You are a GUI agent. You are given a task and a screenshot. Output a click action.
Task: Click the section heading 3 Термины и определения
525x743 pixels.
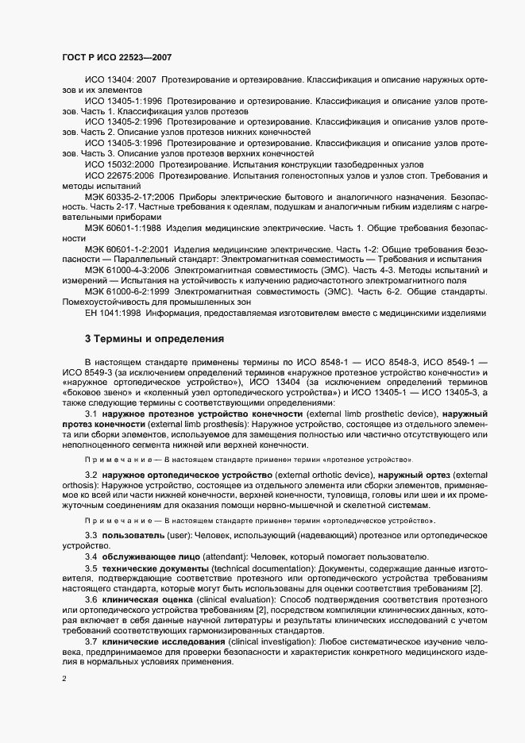pos(154,339)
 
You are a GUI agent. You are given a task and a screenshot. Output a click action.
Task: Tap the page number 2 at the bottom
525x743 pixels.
pos(64,679)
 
